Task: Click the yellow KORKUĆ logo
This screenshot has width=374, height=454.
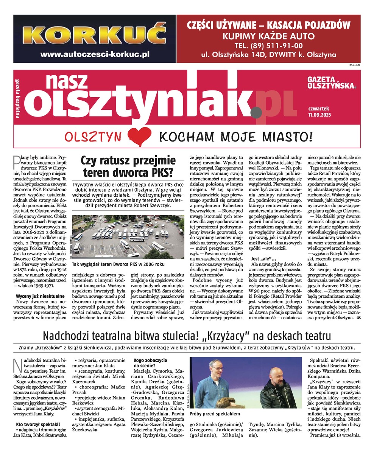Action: click(95, 35)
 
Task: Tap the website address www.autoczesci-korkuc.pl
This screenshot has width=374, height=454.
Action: click(95, 54)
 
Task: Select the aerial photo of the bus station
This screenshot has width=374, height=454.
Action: click(128, 236)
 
